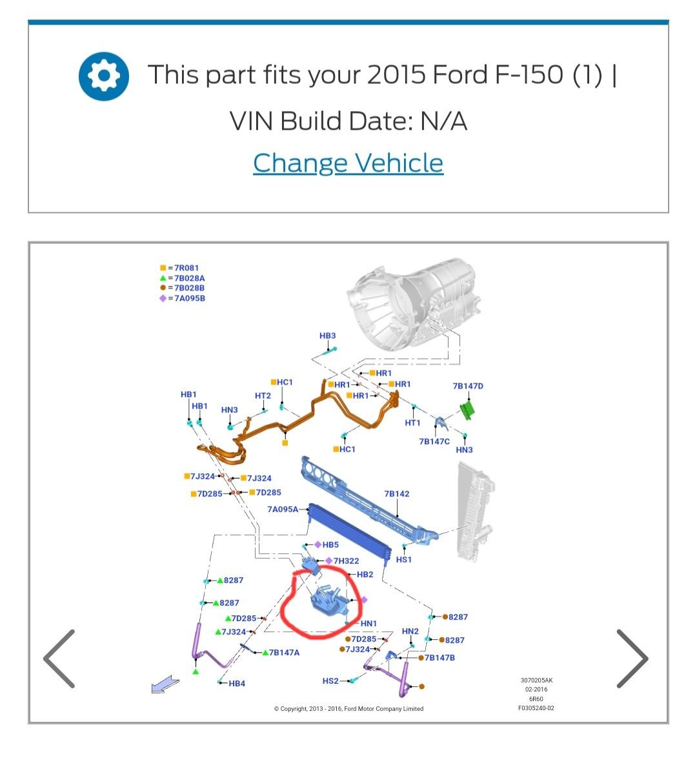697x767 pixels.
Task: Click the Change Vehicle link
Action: pos(348,163)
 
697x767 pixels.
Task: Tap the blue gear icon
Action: pos(103,76)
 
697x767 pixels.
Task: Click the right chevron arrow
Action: pos(632,659)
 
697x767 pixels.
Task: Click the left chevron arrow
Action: pos(59,659)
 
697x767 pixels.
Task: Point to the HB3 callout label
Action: pos(328,336)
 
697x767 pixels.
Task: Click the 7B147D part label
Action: pos(468,386)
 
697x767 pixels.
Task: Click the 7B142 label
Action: pos(397,494)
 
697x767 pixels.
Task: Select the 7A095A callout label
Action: pos(283,509)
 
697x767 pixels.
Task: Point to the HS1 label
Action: pos(404,560)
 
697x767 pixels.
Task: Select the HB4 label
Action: pos(237,683)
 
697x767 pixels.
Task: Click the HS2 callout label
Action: pos(330,681)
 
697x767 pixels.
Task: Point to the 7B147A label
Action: pos(284,653)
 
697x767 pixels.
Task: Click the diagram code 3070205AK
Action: pos(536,680)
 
